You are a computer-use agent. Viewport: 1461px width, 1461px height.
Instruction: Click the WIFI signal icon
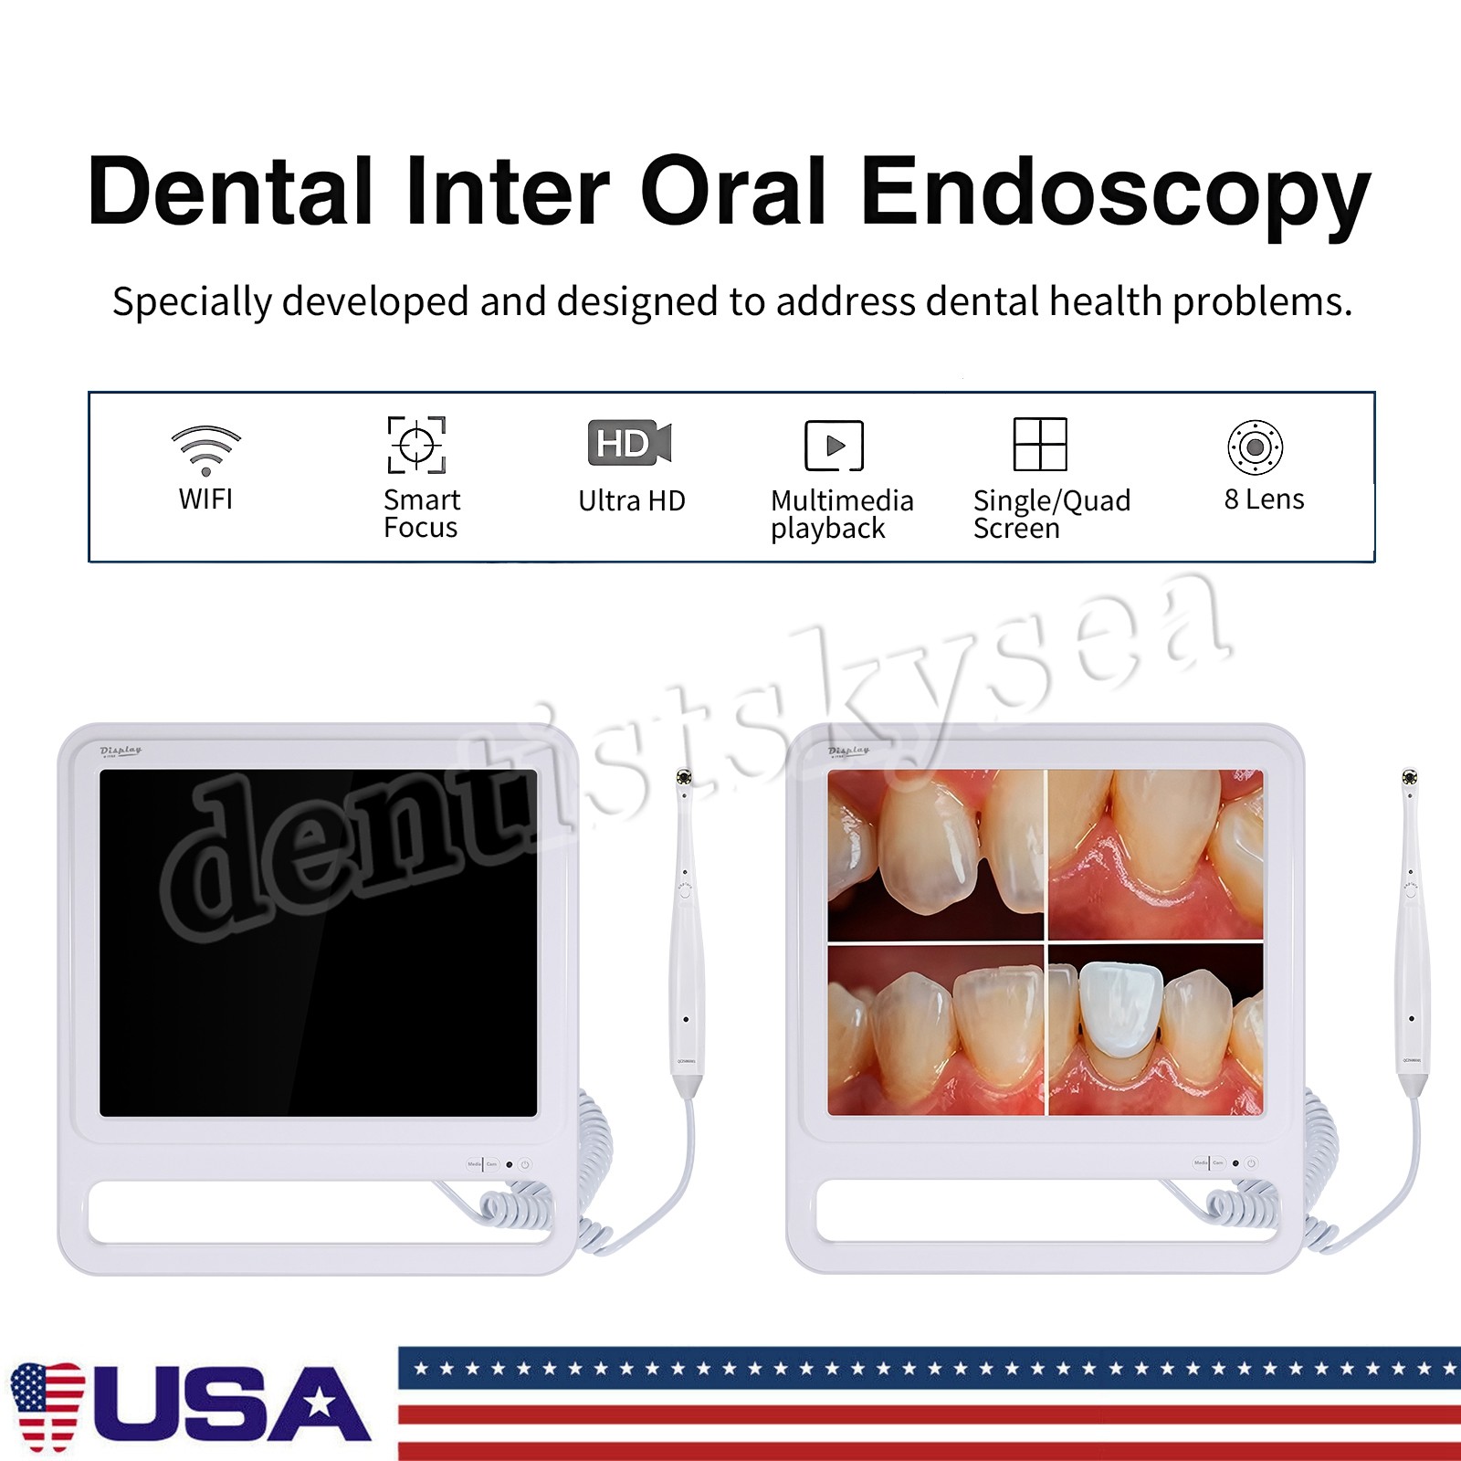(206, 449)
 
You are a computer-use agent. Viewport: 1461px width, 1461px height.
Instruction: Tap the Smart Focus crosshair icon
(416, 445)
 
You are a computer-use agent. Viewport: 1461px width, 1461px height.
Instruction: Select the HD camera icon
(629, 443)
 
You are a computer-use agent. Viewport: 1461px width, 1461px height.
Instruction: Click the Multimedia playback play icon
(834, 446)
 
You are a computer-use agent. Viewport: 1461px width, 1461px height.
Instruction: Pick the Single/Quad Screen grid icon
(1040, 444)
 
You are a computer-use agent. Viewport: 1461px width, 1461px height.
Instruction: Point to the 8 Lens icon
(1255, 447)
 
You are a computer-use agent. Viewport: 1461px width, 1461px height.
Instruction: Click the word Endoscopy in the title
(1115, 192)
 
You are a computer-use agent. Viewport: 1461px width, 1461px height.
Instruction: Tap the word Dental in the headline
(230, 192)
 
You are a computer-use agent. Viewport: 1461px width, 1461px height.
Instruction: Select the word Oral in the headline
(733, 192)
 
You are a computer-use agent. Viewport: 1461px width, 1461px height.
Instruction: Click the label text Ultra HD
(632, 500)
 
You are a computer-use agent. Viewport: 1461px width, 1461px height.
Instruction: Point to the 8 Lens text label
(1264, 499)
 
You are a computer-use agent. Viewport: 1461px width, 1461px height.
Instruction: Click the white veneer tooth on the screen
(1119, 1008)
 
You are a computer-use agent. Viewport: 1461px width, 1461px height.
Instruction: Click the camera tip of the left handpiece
(683, 778)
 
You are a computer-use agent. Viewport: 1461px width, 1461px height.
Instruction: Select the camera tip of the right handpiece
(1409, 778)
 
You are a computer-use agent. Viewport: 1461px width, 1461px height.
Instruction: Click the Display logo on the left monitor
(121, 751)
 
